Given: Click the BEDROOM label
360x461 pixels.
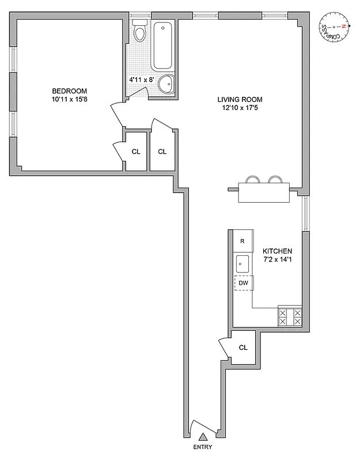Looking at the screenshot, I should [x=69, y=91].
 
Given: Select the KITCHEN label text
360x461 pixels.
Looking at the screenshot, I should [x=278, y=251].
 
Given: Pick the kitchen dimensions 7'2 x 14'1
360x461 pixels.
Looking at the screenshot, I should [x=278, y=260].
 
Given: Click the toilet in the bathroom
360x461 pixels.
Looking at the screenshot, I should [x=139, y=32].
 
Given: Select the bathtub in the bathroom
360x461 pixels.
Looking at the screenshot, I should [x=164, y=45].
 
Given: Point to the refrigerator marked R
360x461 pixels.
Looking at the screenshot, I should [x=242, y=241].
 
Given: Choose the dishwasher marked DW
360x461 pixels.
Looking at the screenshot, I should [x=242, y=284].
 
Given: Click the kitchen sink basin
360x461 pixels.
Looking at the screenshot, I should [x=242, y=264].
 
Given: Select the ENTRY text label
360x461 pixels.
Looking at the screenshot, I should [x=203, y=448].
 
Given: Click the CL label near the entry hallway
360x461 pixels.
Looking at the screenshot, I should [x=243, y=347].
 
